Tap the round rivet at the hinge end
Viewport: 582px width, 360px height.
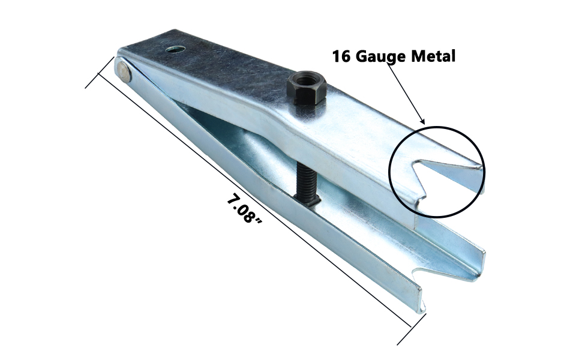(x=124, y=71)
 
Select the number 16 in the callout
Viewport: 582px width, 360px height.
(x=342, y=56)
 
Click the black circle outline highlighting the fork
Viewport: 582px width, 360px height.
(x=437, y=127)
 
